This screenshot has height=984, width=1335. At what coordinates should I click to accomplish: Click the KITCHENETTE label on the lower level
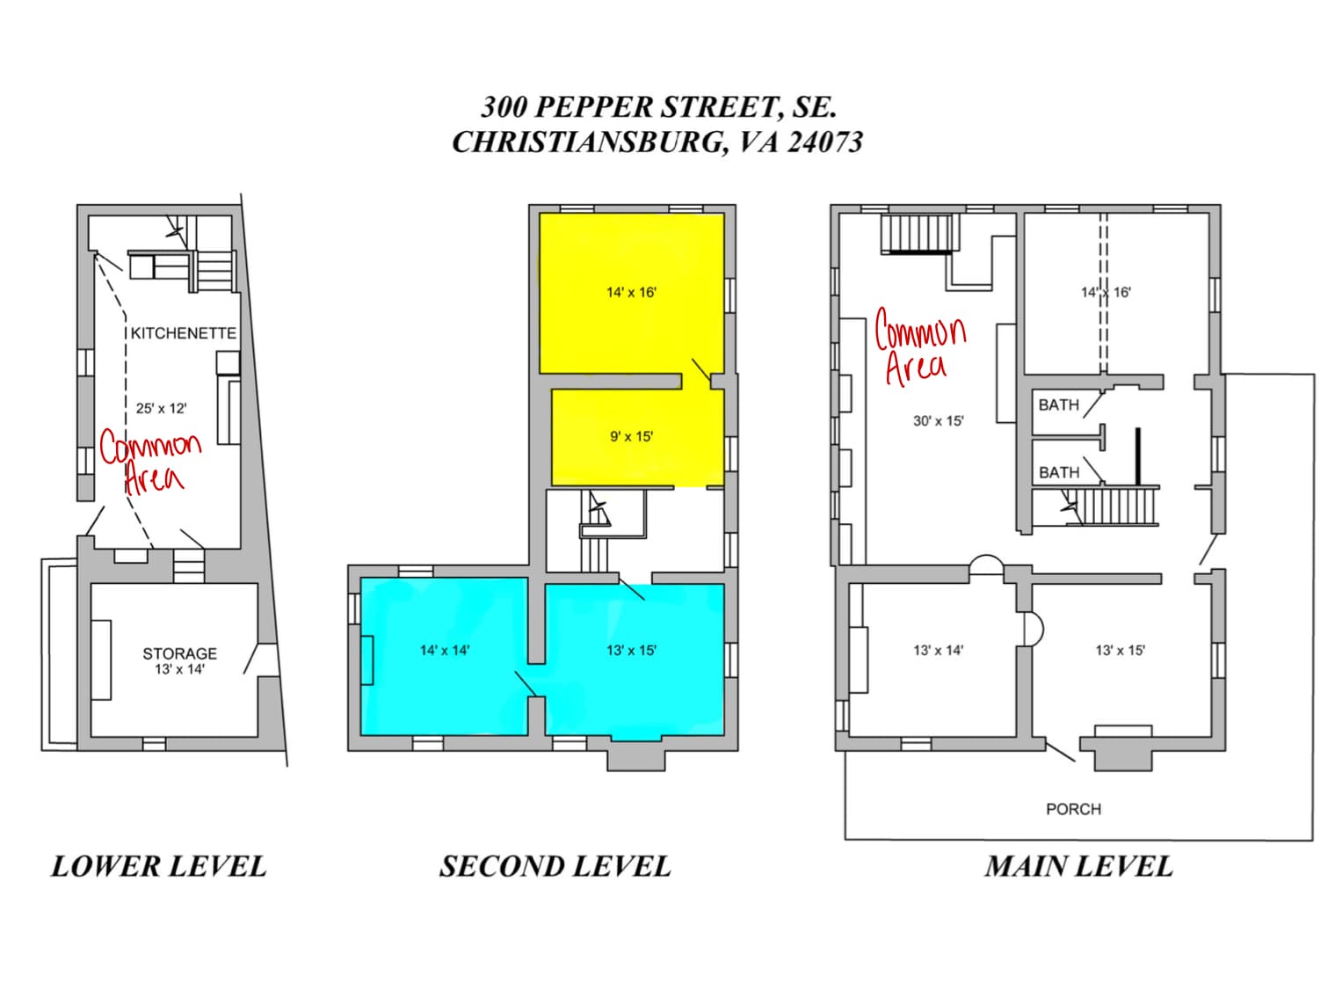point(183,333)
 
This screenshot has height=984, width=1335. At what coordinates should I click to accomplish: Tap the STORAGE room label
point(179,653)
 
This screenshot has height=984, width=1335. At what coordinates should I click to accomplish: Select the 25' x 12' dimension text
point(161,408)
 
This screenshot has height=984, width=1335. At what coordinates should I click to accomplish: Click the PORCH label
point(1072,809)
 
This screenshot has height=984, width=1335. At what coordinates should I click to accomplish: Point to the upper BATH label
point(1058,405)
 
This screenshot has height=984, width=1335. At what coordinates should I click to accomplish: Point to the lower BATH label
point(1058,473)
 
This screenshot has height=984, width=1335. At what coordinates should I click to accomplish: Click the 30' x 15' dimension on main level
point(938,421)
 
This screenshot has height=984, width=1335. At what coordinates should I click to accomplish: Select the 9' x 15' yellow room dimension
point(631,436)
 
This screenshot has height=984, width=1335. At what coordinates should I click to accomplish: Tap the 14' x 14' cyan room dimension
point(444,651)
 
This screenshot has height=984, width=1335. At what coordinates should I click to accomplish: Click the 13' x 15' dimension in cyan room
point(631,651)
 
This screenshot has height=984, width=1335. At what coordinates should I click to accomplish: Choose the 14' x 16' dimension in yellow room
point(631,292)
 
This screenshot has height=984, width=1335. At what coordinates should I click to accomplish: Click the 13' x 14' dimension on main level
point(938,651)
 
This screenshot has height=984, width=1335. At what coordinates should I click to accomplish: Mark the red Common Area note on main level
point(918,347)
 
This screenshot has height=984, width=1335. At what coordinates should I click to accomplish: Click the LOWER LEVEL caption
point(158,866)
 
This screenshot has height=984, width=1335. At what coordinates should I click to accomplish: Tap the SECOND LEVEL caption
point(555,866)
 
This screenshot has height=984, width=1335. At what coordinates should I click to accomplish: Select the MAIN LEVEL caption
point(1078,866)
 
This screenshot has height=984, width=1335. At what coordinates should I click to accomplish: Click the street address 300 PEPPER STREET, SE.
point(657,107)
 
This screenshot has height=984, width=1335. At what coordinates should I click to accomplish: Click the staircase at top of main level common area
point(918,234)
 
